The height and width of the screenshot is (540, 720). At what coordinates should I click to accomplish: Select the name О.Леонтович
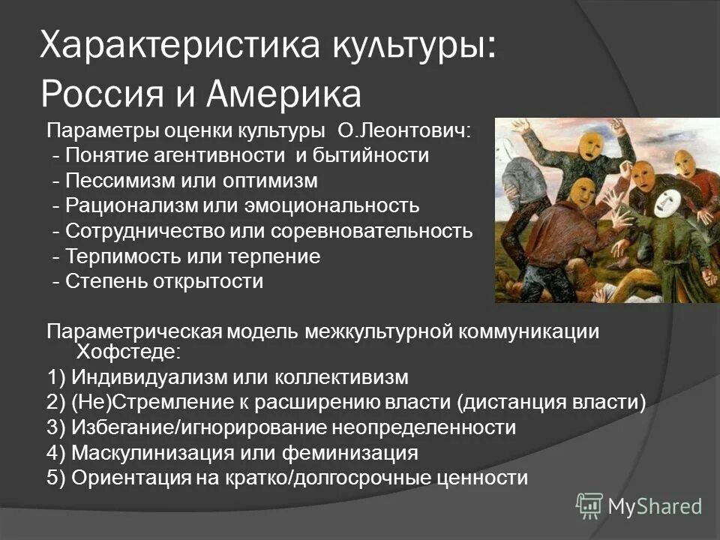coord(405,131)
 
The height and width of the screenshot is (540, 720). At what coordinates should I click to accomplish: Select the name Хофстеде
coord(127,350)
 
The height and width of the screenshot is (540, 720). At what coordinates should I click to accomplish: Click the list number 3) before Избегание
coord(56,427)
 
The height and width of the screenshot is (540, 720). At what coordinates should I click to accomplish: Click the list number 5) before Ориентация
coord(56,478)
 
